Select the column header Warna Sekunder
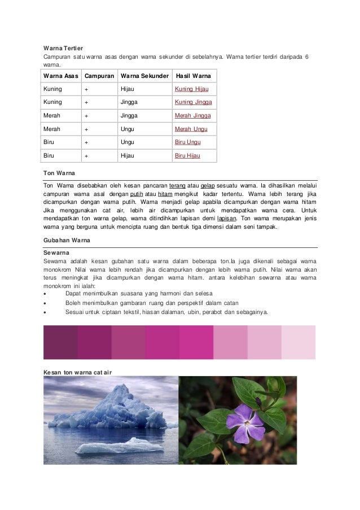(x=144, y=76)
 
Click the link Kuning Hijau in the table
(x=192, y=89)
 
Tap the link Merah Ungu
(x=191, y=129)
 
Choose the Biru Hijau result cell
(x=187, y=155)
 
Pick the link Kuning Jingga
(x=193, y=102)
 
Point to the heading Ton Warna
(x=59, y=172)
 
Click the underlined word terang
(x=177, y=185)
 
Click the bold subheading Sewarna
(x=56, y=252)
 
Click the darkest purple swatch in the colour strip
(x=60, y=342)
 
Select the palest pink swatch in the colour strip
(x=298, y=342)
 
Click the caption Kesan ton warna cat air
(x=78, y=372)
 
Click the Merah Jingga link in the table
(x=192, y=116)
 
